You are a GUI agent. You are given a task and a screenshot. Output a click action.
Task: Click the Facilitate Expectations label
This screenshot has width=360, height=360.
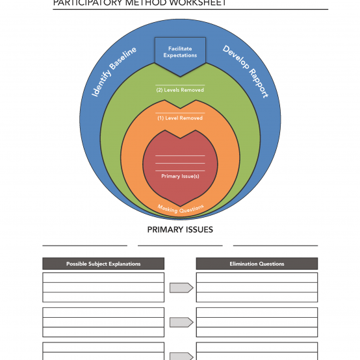pyautogui.click(x=180, y=52)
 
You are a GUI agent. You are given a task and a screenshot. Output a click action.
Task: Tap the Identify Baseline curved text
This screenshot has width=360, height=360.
pyautogui.click(x=114, y=71)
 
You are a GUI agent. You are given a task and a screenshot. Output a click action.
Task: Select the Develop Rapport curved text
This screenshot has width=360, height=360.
pyautogui.click(x=246, y=71)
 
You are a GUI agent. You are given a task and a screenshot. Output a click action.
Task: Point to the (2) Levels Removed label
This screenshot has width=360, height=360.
pyautogui.click(x=180, y=90)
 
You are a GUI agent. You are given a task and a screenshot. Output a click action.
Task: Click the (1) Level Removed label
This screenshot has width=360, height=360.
pyautogui.click(x=180, y=118)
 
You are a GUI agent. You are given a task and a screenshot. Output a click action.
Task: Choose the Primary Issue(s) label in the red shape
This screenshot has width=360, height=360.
pyautogui.click(x=180, y=176)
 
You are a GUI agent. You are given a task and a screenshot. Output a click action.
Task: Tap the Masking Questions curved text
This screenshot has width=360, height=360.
pyautogui.click(x=181, y=209)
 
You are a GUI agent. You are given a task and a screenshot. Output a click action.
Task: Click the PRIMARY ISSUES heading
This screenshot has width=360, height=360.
pyautogui.click(x=180, y=229)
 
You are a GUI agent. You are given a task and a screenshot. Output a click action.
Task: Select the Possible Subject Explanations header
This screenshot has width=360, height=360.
pyautogui.click(x=103, y=264)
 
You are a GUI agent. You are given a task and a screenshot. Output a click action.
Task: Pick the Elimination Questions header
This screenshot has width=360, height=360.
pyautogui.click(x=257, y=264)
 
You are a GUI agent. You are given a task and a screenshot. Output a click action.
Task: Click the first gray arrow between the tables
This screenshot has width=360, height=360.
pyautogui.click(x=181, y=288)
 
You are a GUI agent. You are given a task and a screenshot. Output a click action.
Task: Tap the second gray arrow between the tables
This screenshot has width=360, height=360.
pyautogui.click(x=181, y=322)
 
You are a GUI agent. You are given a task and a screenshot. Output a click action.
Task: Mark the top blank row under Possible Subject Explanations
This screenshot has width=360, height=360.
pyautogui.click(x=103, y=277)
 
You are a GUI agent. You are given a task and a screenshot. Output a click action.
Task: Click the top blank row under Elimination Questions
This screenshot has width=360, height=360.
pyautogui.click(x=257, y=277)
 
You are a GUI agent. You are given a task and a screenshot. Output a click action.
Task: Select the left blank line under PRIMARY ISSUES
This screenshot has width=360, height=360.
pyautogui.click(x=84, y=246)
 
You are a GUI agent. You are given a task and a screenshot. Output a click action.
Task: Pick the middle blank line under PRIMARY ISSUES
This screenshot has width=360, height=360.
pyautogui.click(x=180, y=246)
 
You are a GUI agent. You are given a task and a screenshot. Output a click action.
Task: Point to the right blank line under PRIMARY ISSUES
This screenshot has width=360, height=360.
pyautogui.click(x=276, y=246)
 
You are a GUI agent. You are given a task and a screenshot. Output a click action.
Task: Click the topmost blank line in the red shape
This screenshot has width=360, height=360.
pyautogui.click(x=180, y=156)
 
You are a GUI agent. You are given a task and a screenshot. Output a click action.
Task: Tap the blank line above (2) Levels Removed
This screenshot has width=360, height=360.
pyautogui.click(x=180, y=85)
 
